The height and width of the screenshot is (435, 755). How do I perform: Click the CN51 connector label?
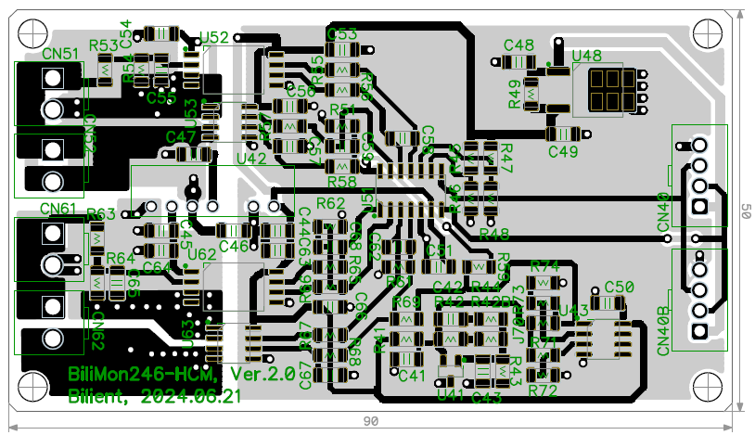[59, 54]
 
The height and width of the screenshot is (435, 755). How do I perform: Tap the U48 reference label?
[587, 56]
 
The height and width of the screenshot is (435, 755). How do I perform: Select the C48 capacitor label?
[518, 45]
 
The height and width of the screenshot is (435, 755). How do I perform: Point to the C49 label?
[563, 151]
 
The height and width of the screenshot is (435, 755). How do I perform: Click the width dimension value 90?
[370, 421]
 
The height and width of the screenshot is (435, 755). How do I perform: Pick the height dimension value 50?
[743, 211]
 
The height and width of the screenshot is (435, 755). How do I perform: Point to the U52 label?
[214, 37]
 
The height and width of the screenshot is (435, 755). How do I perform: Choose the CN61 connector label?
[58, 209]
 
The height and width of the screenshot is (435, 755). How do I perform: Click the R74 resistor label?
[544, 266]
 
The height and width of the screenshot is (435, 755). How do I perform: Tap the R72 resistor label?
[543, 391]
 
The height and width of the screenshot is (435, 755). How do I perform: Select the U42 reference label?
[251, 159]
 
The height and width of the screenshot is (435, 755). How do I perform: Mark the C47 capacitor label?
[180, 136]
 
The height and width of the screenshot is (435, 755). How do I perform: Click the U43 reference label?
[574, 309]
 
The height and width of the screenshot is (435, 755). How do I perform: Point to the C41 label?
[412, 376]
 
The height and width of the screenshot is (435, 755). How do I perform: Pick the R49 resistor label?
[514, 95]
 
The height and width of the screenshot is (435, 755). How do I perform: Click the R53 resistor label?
[103, 45]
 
